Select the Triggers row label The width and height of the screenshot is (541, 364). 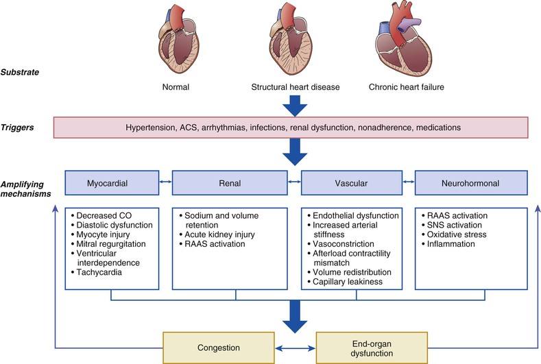(17, 128)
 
